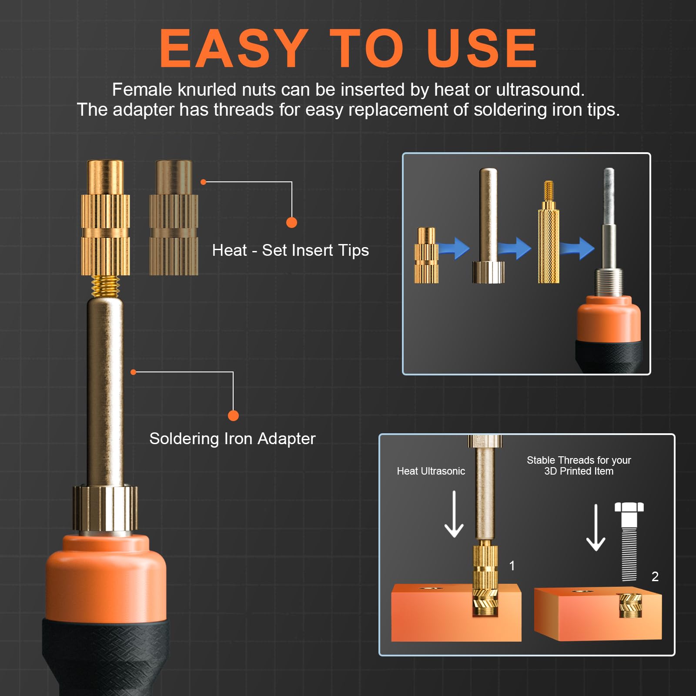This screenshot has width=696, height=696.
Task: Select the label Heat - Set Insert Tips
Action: pos(291,250)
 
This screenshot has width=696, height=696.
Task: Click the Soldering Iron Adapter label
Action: pos(232,438)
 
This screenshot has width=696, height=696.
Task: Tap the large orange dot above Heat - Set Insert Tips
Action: pos(291,222)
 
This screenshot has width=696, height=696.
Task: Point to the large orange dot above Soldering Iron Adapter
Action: pos(233,415)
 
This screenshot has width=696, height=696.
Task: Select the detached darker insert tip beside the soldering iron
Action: pos(174,217)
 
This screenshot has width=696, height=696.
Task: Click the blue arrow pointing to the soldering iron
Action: pos(577,248)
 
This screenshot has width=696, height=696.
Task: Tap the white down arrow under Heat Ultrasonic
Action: pos(454,514)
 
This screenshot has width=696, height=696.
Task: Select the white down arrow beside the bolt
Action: pos(596,527)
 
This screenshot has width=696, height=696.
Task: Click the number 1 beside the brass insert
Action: pos(512,565)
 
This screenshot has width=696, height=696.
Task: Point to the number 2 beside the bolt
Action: pos(655,576)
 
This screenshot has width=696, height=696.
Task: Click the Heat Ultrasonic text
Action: pos(431,471)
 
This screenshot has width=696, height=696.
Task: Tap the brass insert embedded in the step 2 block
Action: pos(630,606)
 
